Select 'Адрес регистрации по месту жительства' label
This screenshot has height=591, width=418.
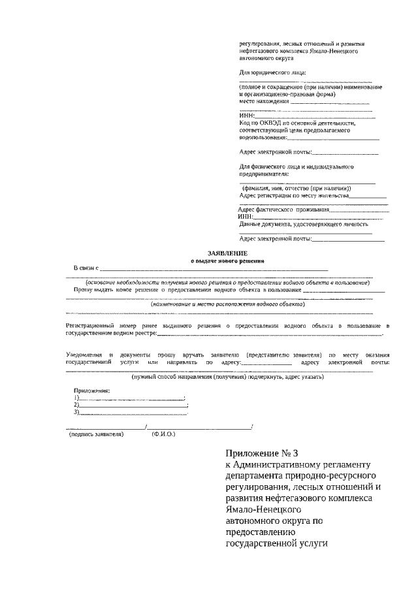(294, 195)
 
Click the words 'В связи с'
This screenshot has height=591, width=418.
(85, 268)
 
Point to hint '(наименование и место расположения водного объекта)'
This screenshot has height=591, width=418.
(219, 304)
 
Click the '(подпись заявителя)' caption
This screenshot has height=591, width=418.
(97, 433)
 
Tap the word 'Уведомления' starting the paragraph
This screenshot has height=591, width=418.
(83, 354)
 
